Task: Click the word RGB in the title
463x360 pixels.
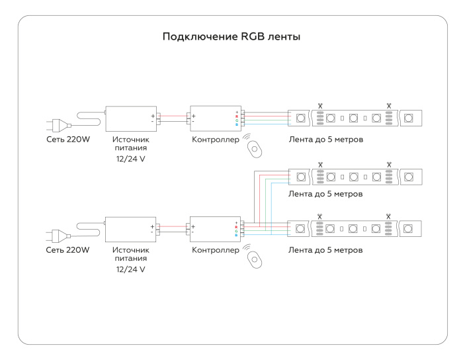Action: click(247, 36)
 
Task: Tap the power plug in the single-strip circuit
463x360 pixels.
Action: click(56, 124)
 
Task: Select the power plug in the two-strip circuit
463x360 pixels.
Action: click(56, 235)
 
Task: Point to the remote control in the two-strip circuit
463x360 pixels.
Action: click(255, 258)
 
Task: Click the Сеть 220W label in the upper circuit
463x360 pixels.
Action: click(67, 140)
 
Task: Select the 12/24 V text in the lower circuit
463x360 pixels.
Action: click(130, 270)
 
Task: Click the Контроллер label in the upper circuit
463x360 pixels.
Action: click(215, 140)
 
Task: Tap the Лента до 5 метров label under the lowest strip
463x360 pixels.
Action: click(326, 251)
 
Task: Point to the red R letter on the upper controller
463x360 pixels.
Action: click(236, 116)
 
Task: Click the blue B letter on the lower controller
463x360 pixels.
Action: click(236, 236)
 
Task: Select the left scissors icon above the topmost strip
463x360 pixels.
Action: click(320, 105)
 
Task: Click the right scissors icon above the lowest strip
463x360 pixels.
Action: click(389, 215)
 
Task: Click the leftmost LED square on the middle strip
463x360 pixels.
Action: click(301, 177)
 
